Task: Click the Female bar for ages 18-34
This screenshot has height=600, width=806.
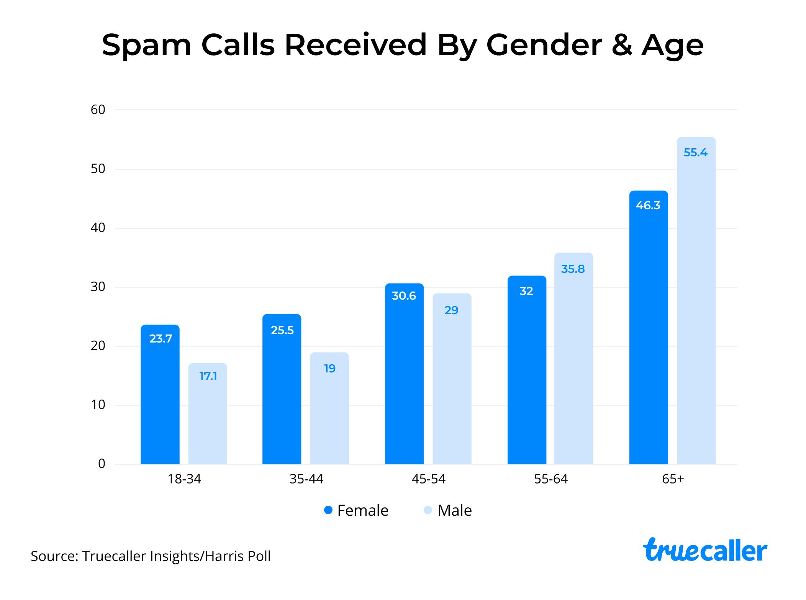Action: (160, 398)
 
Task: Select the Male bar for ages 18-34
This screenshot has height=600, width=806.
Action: (208, 418)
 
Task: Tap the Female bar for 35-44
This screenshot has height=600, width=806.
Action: (282, 395)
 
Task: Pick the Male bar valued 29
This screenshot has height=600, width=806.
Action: (452, 383)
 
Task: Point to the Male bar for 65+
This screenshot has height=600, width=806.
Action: (696, 307)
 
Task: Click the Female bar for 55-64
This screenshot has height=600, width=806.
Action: (526, 375)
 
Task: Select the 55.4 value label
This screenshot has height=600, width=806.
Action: (695, 153)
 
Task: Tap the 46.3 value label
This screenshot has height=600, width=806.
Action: (648, 206)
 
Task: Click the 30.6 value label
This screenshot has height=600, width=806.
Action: (404, 296)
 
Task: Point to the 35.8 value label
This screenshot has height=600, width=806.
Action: (573, 269)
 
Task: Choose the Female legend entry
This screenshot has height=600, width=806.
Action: (356, 510)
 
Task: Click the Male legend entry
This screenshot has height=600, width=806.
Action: (448, 510)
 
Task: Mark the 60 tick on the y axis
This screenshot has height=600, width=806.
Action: (98, 110)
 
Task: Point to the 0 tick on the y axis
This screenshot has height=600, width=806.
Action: (102, 464)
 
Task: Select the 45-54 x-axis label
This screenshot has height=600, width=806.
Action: (428, 479)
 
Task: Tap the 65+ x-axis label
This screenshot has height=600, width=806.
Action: (673, 479)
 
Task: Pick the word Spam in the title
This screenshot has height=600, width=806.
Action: (146, 45)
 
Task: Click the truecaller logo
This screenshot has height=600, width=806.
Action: (705, 550)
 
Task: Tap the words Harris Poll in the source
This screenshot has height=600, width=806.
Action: (238, 556)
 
